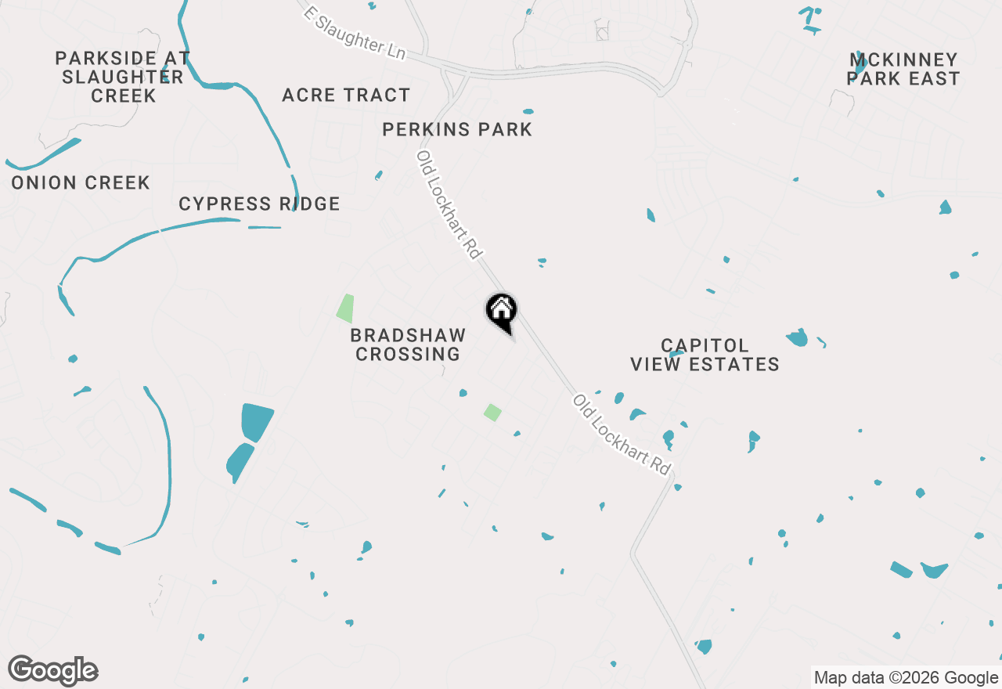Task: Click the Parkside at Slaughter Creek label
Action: pos(122,78)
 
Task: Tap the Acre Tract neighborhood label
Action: pos(346,96)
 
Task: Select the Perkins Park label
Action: pos(457,130)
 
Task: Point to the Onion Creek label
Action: pos(81,183)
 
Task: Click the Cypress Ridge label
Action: pos(259,204)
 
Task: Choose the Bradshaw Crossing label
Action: pos(408,344)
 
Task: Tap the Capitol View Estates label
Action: pos(705,355)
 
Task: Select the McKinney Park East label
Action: pos(904,70)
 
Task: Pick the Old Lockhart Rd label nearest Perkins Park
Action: pos(449,205)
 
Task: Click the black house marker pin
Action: pos(502,311)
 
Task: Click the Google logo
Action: pos(53,671)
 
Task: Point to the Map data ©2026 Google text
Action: pos(905,678)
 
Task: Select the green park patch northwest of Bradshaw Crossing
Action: pos(345,308)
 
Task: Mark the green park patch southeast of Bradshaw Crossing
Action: pos(492,412)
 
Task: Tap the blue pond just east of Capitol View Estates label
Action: pos(797,337)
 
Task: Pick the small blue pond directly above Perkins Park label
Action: pos(528,111)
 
